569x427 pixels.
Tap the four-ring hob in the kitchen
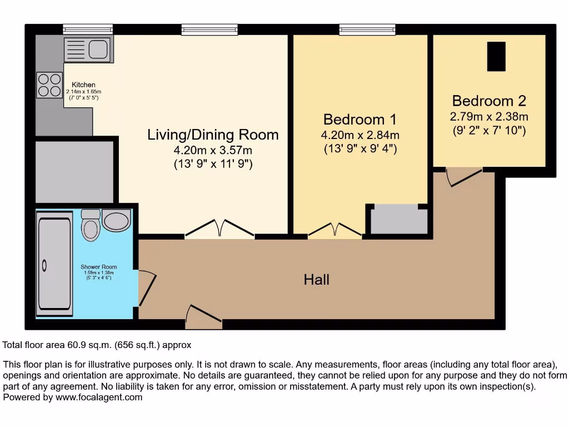click(x=49, y=85)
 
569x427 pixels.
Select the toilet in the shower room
click(x=90, y=225)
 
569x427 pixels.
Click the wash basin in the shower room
click(x=116, y=221)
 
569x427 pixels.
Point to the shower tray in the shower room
click(x=54, y=264)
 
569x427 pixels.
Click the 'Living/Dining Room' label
click(x=213, y=135)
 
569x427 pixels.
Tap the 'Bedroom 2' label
click(x=488, y=101)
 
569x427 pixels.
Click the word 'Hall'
click(x=316, y=279)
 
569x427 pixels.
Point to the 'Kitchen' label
click(x=83, y=85)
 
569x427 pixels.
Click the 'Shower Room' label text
click(x=98, y=267)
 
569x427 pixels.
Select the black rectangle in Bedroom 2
click(x=496, y=56)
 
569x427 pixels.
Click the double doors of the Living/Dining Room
click(x=220, y=230)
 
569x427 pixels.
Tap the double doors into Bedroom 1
click(x=335, y=230)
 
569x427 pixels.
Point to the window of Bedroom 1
click(x=367, y=29)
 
